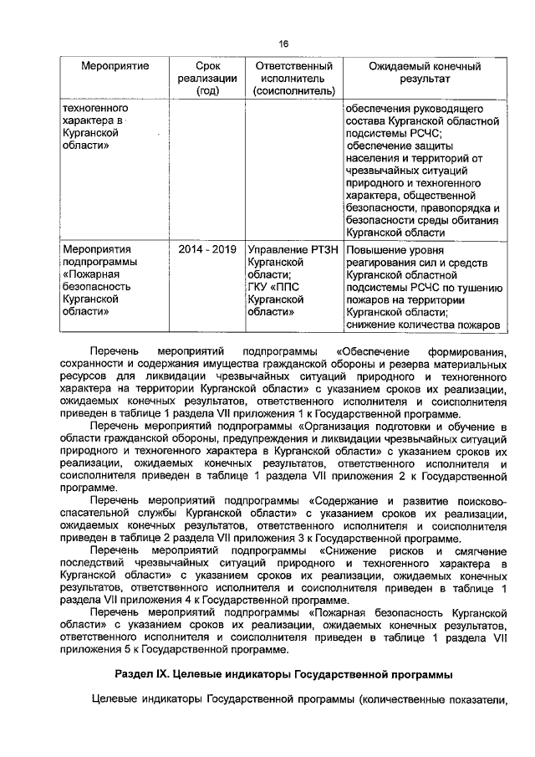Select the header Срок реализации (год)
tap(206, 78)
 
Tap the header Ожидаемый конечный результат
tap(424, 71)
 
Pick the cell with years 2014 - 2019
tap(206, 248)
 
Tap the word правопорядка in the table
tap(455, 208)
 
